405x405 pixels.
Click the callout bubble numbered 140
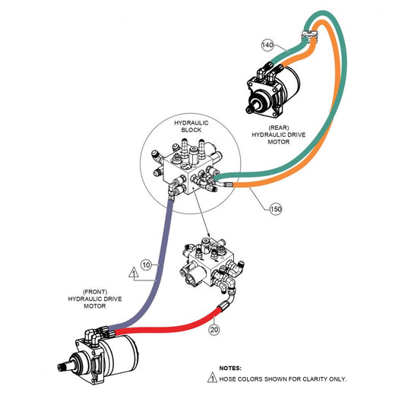pyautogui.click(x=267, y=45)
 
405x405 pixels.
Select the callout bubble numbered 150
pyautogui.click(x=276, y=209)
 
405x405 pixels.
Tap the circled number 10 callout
pyautogui.click(x=146, y=264)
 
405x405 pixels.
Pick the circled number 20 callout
pyautogui.click(x=214, y=330)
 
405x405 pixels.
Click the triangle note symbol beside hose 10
pyautogui.click(x=134, y=273)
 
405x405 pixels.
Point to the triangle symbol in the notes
pyautogui.click(x=212, y=378)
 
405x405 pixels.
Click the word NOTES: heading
pyautogui.click(x=230, y=368)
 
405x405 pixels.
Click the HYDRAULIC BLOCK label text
pyautogui.click(x=191, y=126)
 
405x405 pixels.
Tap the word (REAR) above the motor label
pyautogui.click(x=279, y=128)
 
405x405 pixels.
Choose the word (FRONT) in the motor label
pyautogui.click(x=95, y=292)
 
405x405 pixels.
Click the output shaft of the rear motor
pyautogui.click(x=252, y=107)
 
